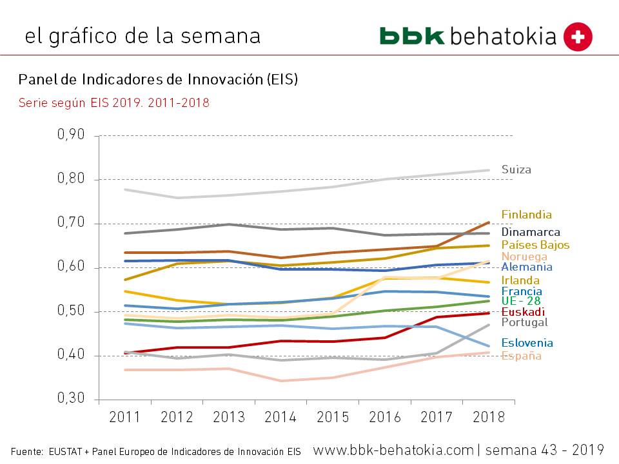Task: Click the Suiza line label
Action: [516, 170]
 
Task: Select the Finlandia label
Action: [526, 215]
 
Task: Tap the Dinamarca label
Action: [530, 233]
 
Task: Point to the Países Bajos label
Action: [535, 246]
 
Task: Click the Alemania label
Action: [526, 267]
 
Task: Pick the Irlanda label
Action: [520, 281]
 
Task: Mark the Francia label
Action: [521, 292]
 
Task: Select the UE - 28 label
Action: [520, 302]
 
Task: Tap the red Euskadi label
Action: [522, 312]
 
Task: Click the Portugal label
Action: [524, 323]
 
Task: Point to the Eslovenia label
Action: [527, 343]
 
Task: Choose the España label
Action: [521, 356]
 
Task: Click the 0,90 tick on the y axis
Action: [71, 135]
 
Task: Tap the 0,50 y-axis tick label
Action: [71, 311]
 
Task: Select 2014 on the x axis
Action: [280, 417]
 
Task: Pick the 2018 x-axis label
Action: [488, 417]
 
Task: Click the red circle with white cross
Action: [578, 36]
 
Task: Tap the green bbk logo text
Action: [412, 36]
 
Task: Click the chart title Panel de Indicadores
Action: [158, 79]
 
